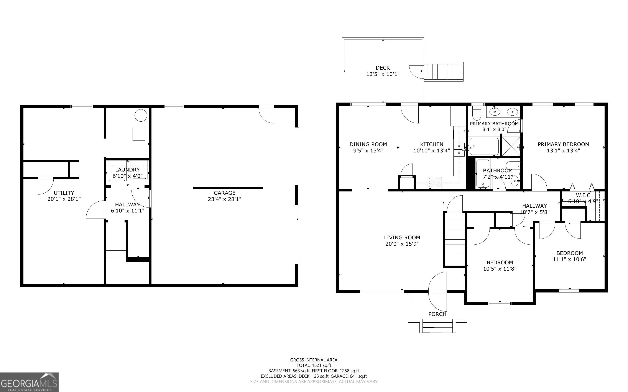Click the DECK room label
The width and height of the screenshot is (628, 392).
(383, 68)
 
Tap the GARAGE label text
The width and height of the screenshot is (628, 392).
(224, 193)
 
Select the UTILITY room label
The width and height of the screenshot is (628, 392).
(64, 193)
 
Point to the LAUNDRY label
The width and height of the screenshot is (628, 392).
(127, 170)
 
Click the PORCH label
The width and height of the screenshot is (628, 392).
(437, 314)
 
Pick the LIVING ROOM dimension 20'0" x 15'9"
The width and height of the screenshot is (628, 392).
(402, 244)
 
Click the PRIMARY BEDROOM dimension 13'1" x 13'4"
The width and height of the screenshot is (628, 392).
(563, 150)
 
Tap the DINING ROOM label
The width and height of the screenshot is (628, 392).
(368, 144)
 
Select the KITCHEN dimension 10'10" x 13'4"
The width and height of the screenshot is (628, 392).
(432, 150)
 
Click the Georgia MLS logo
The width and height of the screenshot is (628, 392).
(29, 382)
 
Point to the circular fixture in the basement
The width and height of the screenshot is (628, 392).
(141, 115)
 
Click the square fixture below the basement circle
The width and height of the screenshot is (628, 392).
(139, 134)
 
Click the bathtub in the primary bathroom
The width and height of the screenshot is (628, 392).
(484, 147)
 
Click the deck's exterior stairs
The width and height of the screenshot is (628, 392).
(444, 72)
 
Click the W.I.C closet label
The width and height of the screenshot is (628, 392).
(583, 195)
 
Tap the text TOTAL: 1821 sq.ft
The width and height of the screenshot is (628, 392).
(314, 365)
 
